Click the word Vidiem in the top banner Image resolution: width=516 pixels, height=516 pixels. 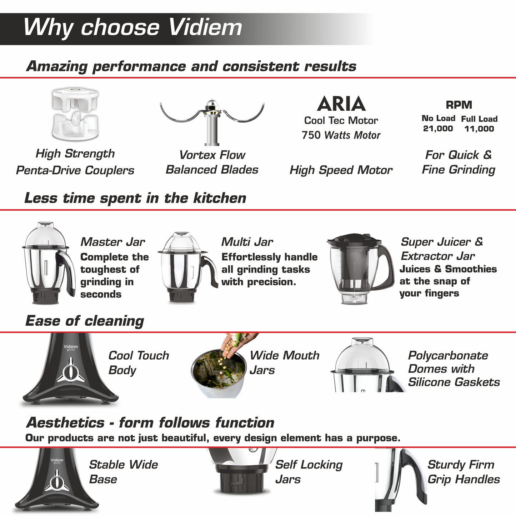click(x=205, y=27)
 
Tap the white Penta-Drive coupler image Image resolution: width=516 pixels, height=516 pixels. click(x=75, y=114)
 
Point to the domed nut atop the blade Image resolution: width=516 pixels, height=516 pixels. click(x=212, y=105)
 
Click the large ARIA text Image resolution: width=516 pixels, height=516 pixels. click(x=341, y=104)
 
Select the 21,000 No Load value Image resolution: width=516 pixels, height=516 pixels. click(x=438, y=129)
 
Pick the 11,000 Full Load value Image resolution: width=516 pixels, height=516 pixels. click(x=479, y=129)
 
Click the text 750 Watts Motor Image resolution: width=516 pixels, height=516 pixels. click(x=341, y=135)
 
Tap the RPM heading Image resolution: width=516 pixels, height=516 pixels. click(x=459, y=105)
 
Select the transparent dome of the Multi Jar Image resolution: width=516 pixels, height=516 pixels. click(x=181, y=242)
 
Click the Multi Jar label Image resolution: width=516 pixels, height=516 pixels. click(x=247, y=242)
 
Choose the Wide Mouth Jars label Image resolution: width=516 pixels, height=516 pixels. click(x=285, y=363)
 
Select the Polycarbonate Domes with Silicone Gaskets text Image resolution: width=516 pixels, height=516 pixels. click(x=454, y=369)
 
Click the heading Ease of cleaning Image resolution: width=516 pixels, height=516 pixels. click(x=85, y=321)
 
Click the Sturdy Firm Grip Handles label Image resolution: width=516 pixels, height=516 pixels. click(x=464, y=472)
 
